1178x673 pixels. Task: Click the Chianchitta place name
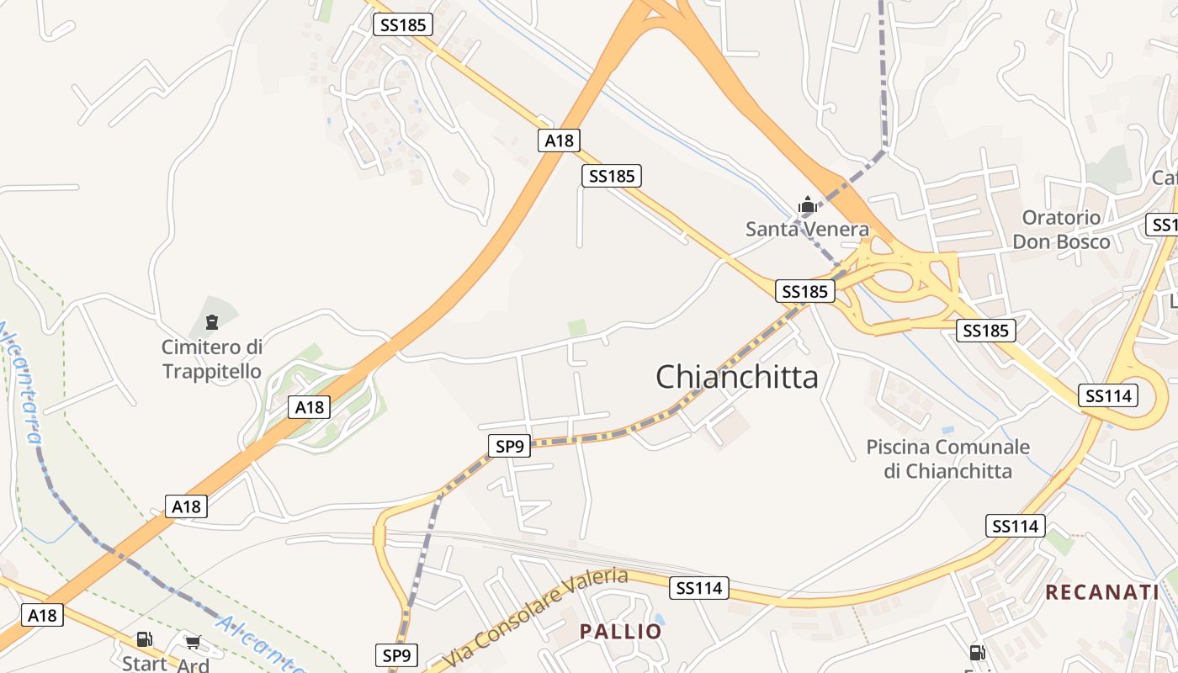736,377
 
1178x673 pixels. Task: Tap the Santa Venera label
807,229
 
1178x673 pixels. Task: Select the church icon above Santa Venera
807,204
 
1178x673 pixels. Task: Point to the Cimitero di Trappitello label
212,359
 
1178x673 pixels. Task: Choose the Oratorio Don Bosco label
1061,230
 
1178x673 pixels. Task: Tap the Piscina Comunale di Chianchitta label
948,458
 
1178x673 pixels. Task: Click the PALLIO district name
621,632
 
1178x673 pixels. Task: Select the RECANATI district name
1102,592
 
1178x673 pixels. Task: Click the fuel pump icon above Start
145,640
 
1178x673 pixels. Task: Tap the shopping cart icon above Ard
194,642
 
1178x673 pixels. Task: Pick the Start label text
145,663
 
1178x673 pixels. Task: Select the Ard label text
193,665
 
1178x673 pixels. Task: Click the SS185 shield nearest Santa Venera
805,292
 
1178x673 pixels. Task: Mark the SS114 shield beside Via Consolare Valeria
699,588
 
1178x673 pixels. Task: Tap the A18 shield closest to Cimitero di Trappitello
310,408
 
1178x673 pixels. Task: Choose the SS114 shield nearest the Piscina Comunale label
1016,527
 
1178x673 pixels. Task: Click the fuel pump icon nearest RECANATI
977,652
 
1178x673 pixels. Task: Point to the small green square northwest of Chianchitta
577,327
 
